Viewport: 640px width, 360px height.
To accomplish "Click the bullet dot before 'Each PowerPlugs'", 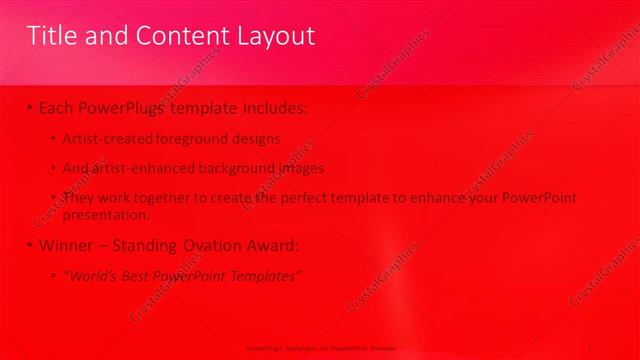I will click(x=31, y=106).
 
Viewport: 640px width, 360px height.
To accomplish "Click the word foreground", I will click(x=189, y=138).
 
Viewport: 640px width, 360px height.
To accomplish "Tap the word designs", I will click(x=255, y=138).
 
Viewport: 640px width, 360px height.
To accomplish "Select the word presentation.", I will click(x=106, y=213).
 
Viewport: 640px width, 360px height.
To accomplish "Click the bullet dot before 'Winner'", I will click(x=31, y=245).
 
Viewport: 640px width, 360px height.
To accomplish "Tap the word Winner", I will click(x=69, y=245).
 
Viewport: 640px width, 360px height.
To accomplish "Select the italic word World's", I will click(x=93, y=275).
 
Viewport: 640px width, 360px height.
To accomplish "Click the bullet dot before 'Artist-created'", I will click(x=53, y=138).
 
